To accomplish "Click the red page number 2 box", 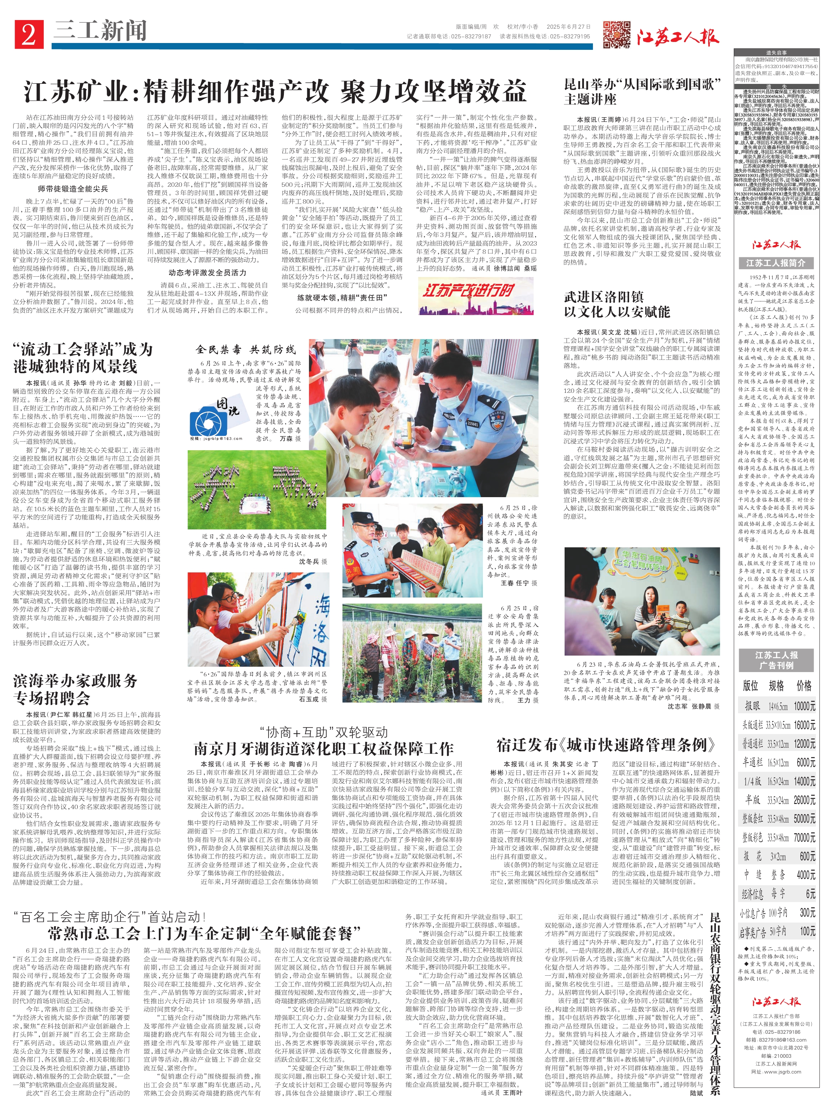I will pos(29,34).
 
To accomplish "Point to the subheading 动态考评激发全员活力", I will pos(207,273).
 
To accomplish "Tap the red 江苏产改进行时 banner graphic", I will pos(469,296).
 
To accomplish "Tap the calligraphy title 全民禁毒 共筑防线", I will pos(246,349).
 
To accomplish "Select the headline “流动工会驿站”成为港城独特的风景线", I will pos(83,357).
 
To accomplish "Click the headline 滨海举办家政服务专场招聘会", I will pos(75,689).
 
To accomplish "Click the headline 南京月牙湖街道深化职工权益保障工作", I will pos(323,749).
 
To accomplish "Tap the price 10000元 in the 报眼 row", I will pos(804,706).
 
